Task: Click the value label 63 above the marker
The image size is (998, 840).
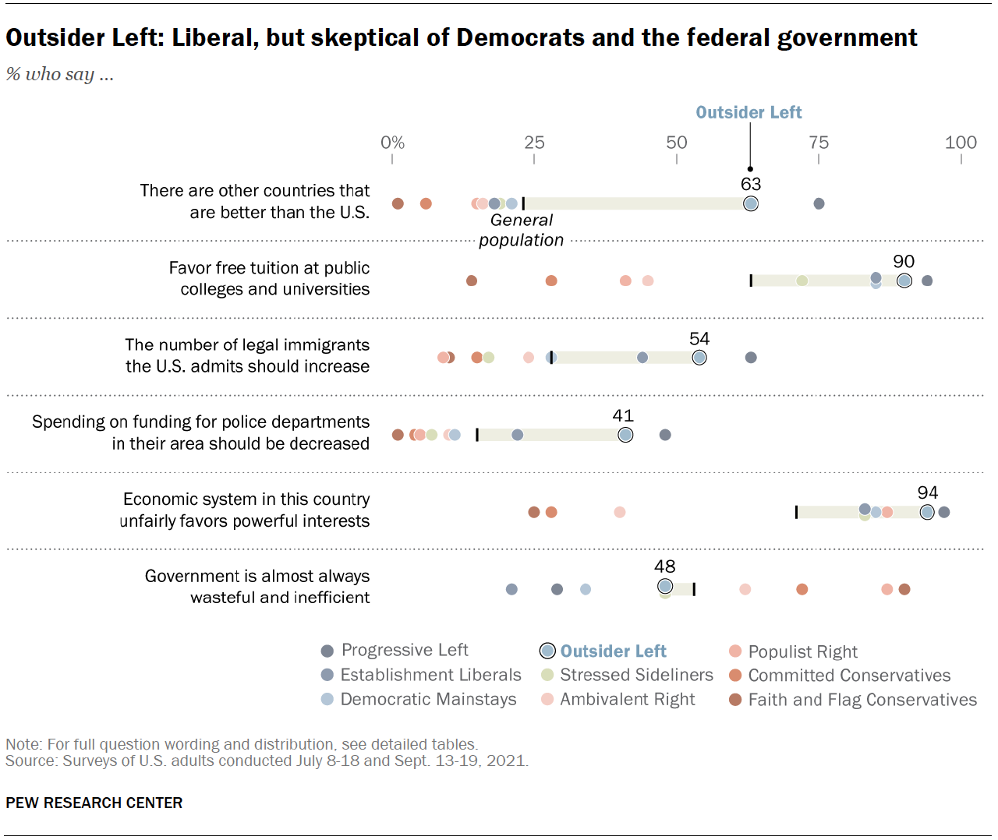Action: (x=750, y=185)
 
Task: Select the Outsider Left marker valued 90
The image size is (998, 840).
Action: (x=904, y=281)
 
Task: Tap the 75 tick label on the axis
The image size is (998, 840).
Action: (x=819, y=143)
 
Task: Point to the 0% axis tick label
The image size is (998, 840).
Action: (x=392, y=143)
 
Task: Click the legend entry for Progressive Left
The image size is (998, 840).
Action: (x=395, y=651)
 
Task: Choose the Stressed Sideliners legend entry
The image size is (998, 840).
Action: (x=627, y=675)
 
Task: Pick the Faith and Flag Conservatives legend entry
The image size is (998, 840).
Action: (x=852, y=700)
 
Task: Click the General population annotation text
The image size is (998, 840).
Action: (x=521, y=231)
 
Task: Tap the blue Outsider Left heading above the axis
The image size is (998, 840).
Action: (x=748, y=113)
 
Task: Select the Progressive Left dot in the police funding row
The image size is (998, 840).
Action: (x=665, y=435)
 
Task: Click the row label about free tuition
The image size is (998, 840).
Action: (x=270, y=278)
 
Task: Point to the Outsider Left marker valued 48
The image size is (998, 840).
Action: (x=664, y=586)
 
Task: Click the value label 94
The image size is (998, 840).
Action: (x=927, y=493)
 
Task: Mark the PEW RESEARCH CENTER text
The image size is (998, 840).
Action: (x=94, y=803)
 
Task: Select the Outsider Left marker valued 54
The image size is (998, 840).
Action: (x=699, y=358)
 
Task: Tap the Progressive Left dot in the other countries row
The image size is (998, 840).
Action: (x=819, y=203)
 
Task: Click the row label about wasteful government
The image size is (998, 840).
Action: (x=257, y=587)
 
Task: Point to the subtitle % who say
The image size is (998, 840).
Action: (x=60, y=74)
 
